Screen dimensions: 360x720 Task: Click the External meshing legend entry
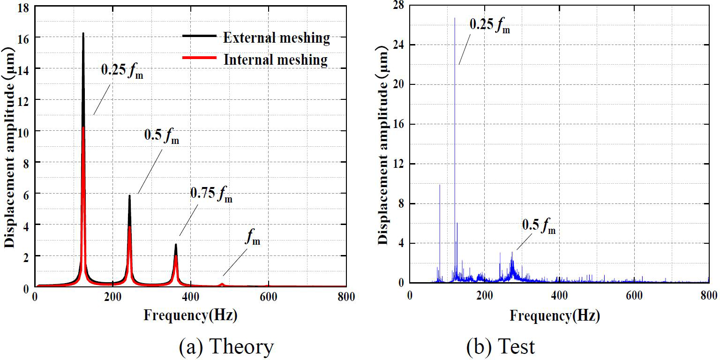pos(276,37)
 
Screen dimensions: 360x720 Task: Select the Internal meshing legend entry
pos(275,60)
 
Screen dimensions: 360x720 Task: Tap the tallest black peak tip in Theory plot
pos(83,33)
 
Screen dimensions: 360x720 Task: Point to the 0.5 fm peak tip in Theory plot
pos(129,195)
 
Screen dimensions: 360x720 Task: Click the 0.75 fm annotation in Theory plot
pos(211,195)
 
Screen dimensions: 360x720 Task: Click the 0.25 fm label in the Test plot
pos(489,25)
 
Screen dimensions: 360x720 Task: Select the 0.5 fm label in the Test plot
pos(539,227)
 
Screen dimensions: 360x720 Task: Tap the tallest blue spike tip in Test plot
pos(455,18)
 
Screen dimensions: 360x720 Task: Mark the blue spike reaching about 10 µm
pos(440,185)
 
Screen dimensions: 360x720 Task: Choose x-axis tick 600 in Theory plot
pos(268,297)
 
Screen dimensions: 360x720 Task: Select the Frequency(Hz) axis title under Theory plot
pos(190,315)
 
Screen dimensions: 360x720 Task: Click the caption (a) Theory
pos(226,346)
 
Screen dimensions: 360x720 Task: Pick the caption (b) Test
pos(501,346)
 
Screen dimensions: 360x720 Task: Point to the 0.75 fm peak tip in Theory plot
pos(176,244)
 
